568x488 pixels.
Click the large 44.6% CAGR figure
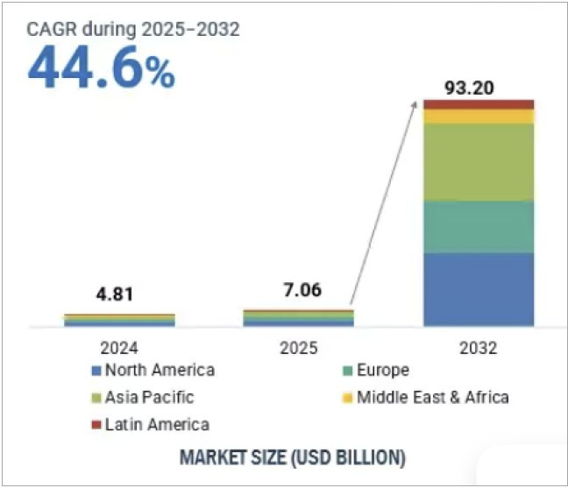pyautogui.click(x=102, y=69)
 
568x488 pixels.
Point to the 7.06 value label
pyautogui.click(x=298, y=291)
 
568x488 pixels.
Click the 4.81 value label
pyautogui.click(x=118, y=295)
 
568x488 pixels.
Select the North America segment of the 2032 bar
pyautogui.click(x=479, y=289)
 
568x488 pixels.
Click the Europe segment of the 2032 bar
pyautogui.click(x=479, y=227)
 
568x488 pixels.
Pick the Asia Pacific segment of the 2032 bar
pyautogui.click(x=479, y=162)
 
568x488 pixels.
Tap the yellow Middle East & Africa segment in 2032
pyautogui.click(x=479, y=117)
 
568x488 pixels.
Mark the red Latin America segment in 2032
pyautogui.click(x=479, y=104)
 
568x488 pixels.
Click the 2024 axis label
pyautogui.click(x=119, y=348)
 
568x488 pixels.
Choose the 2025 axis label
pyautogui.click(x=298, y=348)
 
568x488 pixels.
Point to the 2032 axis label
pyautogui.click(x=479, y=348)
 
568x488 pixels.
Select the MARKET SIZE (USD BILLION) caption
pyautogui.click(x=292, y=456)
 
